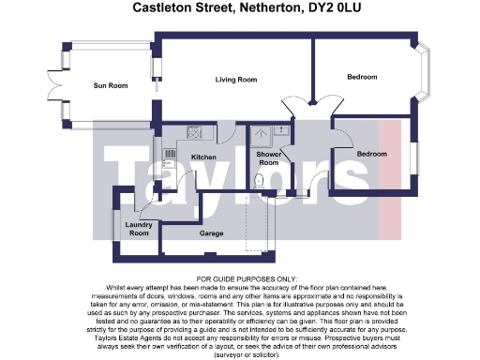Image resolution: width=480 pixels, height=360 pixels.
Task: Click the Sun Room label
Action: (110, 86)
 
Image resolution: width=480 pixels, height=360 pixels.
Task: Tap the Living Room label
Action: (235, 80)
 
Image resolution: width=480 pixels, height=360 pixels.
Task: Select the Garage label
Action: (211, 232)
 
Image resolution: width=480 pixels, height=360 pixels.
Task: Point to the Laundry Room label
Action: (139, 229)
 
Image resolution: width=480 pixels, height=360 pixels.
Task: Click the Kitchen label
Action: (203, 157)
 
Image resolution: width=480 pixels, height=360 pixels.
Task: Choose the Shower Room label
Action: (269, 158)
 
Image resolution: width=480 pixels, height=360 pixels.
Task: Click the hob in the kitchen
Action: (195, 132)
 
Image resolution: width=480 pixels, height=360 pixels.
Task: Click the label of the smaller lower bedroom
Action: (371, 152)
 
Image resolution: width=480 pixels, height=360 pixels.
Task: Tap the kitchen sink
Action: (170, 152)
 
